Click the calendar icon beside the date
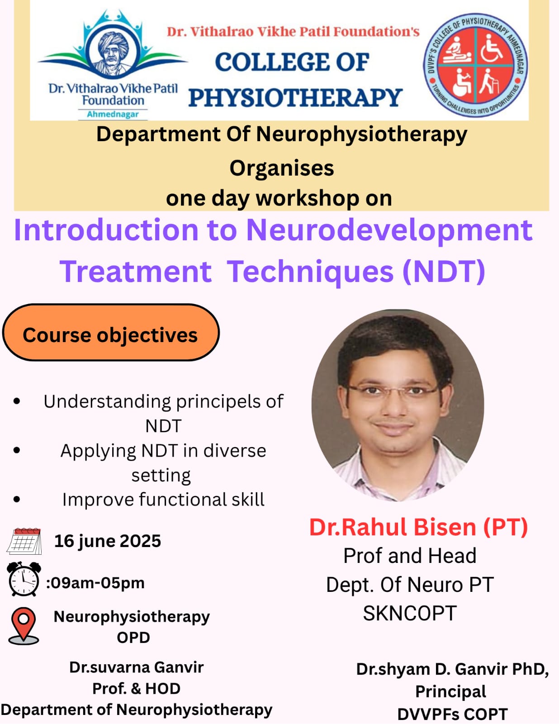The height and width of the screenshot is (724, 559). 24,541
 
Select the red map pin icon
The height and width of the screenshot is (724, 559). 24,625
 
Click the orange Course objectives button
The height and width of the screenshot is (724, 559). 111,332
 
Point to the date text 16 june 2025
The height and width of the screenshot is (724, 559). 108,541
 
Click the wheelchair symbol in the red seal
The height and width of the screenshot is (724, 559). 491,48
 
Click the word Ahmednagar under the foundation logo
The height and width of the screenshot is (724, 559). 113,114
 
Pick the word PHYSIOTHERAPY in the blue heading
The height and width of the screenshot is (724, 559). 295,98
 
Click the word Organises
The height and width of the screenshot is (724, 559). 282,168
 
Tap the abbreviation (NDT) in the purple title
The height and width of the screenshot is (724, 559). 444,271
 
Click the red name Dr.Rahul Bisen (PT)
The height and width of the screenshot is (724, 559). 418,527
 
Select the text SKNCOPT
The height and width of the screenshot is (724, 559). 410,614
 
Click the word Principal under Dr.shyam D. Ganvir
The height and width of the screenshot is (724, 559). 451,691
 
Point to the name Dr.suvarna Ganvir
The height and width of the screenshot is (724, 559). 137,667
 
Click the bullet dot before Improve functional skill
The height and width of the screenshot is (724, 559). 17,500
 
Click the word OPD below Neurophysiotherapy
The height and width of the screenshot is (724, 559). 133,638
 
